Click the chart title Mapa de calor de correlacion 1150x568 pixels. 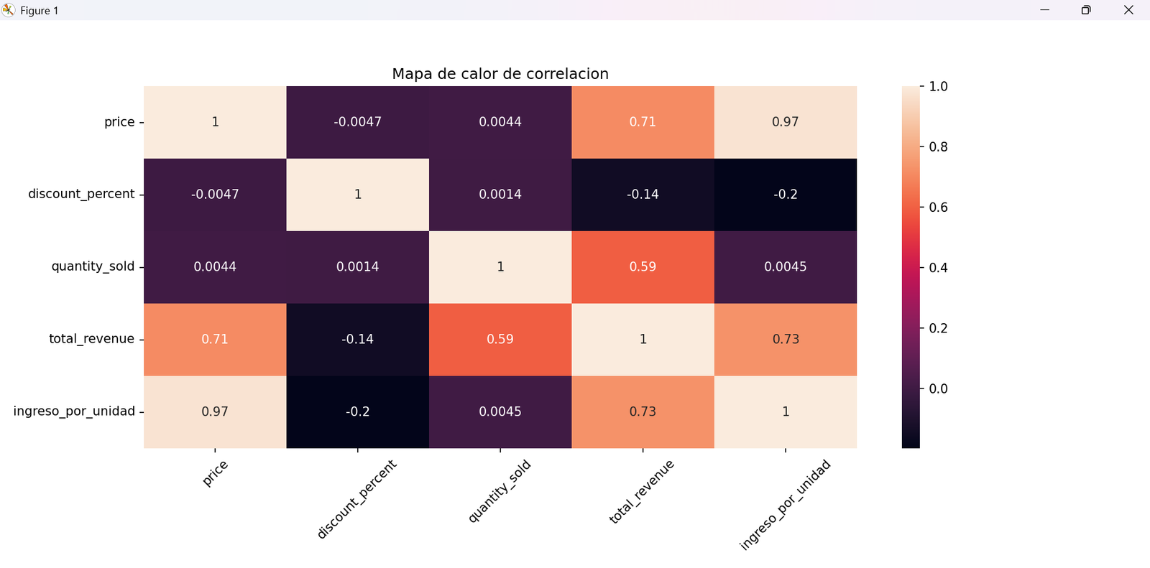point(500,74)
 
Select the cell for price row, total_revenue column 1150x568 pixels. point(643,122)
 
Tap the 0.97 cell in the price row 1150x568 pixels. point(785,122)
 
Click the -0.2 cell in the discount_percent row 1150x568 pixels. point(785,195)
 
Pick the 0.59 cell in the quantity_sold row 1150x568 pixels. point(643,267)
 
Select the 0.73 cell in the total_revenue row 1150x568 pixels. point(785,339)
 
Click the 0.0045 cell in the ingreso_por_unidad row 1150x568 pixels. point(500,411)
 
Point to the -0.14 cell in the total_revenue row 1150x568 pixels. point(357,339)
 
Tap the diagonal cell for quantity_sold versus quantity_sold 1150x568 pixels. point(500,267)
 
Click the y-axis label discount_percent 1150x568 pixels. point(81,194)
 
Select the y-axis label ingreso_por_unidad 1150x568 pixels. point(74,411)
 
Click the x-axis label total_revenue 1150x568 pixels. point(641,492)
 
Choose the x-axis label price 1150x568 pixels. point(215,473)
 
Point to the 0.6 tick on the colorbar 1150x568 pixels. point(938,208)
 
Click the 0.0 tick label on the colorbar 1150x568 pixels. point(938,388)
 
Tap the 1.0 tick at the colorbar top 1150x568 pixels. point(938,87)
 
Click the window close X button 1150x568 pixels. point(1128,10)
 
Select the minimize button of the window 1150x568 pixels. point(1044,10)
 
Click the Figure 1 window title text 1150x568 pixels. point(40,11)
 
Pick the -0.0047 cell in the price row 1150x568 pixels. point(357,122)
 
